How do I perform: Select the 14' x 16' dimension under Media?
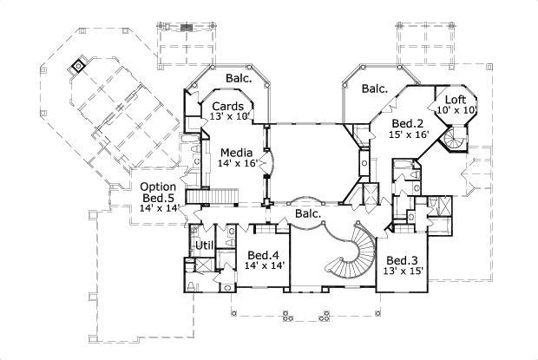(238, 163)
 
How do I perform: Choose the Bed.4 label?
(261, 255)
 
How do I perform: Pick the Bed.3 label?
(403, 260)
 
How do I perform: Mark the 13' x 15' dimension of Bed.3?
(403, 272)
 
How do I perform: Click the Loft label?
(456, 99)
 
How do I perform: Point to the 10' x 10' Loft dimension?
(456, 110)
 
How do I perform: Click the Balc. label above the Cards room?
(239, 78)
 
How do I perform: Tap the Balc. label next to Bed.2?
(374, 88)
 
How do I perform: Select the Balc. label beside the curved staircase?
(308, 213)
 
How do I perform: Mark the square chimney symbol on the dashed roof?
(79, 65)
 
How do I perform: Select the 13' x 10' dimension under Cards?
(230, 116)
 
